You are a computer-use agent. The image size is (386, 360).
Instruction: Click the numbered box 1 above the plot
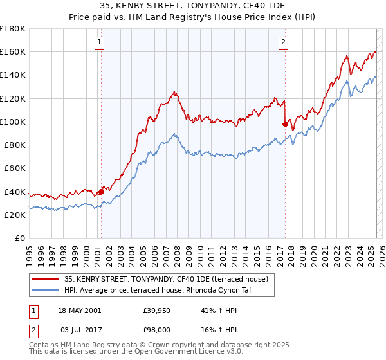pyautogui.click(x=100, y=43)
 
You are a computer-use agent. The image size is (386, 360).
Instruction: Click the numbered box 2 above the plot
pyautogui.click(x=284, y=43)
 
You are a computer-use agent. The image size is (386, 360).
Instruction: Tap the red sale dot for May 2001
pyautogui.click(x=101, y=192)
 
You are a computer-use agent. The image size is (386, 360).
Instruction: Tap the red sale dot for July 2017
pyautogui.click(x=284, y=124)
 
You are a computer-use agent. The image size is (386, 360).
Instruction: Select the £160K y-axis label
pyautogui.click(x=13, y=51)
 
